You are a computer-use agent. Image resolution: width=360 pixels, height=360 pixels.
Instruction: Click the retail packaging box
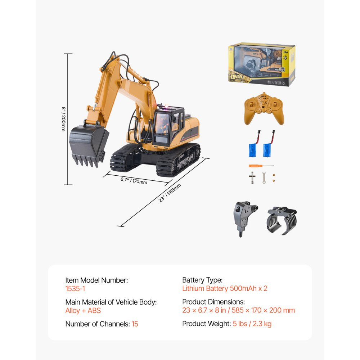[x=262, y=65]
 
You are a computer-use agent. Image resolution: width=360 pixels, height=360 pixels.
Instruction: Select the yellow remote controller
[x=264, y=108]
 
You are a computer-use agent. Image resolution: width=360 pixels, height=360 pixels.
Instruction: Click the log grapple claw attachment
[x=282, y=220]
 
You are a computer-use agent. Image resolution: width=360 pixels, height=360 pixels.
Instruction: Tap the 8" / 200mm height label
[x=63, y=119]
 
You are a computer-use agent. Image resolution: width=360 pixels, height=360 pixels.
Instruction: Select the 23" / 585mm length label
[x=170, y=193]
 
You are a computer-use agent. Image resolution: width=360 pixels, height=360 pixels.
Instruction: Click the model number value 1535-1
[x=75, y=288]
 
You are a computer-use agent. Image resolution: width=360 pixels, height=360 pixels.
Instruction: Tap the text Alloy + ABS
[x=83, y=311]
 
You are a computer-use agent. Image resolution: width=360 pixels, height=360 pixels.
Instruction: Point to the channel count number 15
[x=135, y=324]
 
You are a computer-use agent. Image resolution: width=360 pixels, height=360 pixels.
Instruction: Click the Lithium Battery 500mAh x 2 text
[x=225, y=288]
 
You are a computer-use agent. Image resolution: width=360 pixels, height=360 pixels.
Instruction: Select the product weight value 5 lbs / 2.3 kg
[x=252, y=324]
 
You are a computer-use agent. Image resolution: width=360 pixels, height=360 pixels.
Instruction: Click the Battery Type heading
[x=202, y=280]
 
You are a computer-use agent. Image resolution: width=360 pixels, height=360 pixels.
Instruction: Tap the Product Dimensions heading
[x=213, y=302]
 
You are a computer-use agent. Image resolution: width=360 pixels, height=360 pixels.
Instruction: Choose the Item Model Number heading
[x=96, y=280]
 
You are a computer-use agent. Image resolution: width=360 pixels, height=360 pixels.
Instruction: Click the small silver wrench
[x=264, y=177]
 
